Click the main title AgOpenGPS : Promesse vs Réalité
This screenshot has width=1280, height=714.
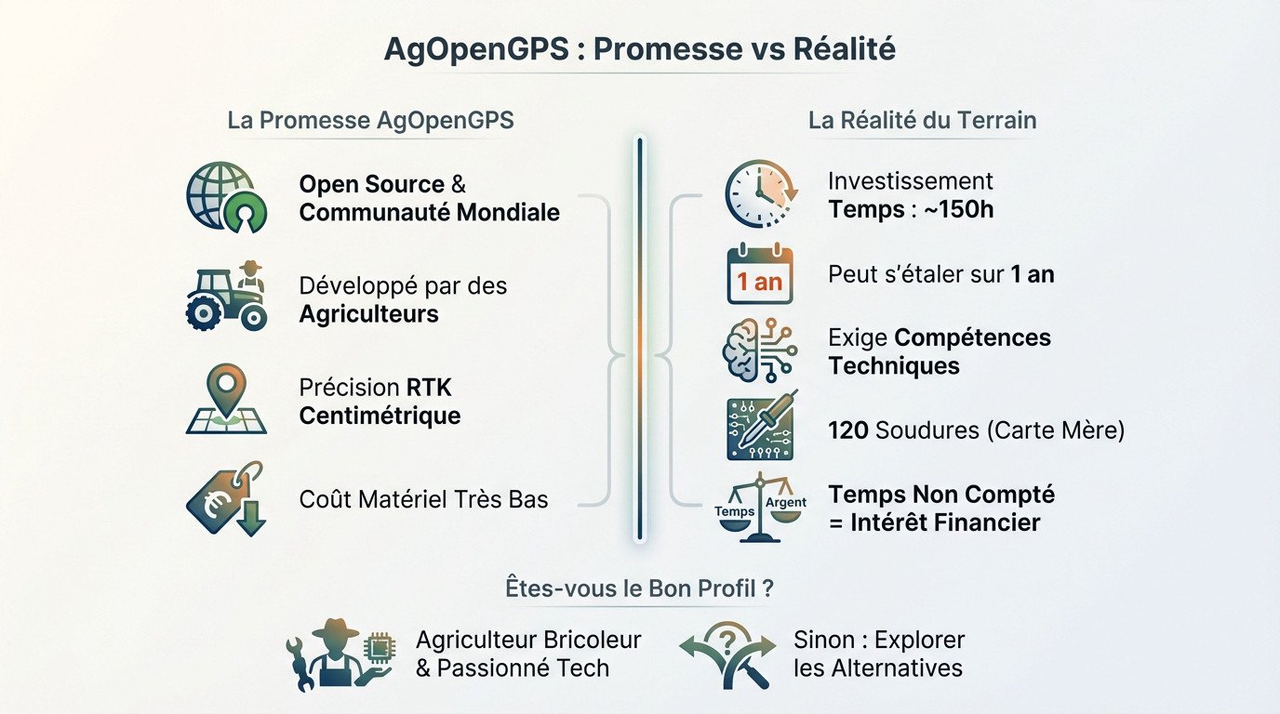640,49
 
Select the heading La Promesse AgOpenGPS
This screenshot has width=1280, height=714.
370,121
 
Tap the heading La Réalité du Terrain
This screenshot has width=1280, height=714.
922,121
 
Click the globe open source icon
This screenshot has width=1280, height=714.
226,197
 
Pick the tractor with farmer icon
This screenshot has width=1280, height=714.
227,297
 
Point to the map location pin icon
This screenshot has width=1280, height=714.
226,399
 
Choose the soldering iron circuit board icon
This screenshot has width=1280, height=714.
760,430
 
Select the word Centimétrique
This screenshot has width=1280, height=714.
380,416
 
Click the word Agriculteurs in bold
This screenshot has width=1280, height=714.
368,314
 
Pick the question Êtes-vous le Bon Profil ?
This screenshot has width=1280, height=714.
639,588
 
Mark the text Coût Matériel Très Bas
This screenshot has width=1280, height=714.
423,499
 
